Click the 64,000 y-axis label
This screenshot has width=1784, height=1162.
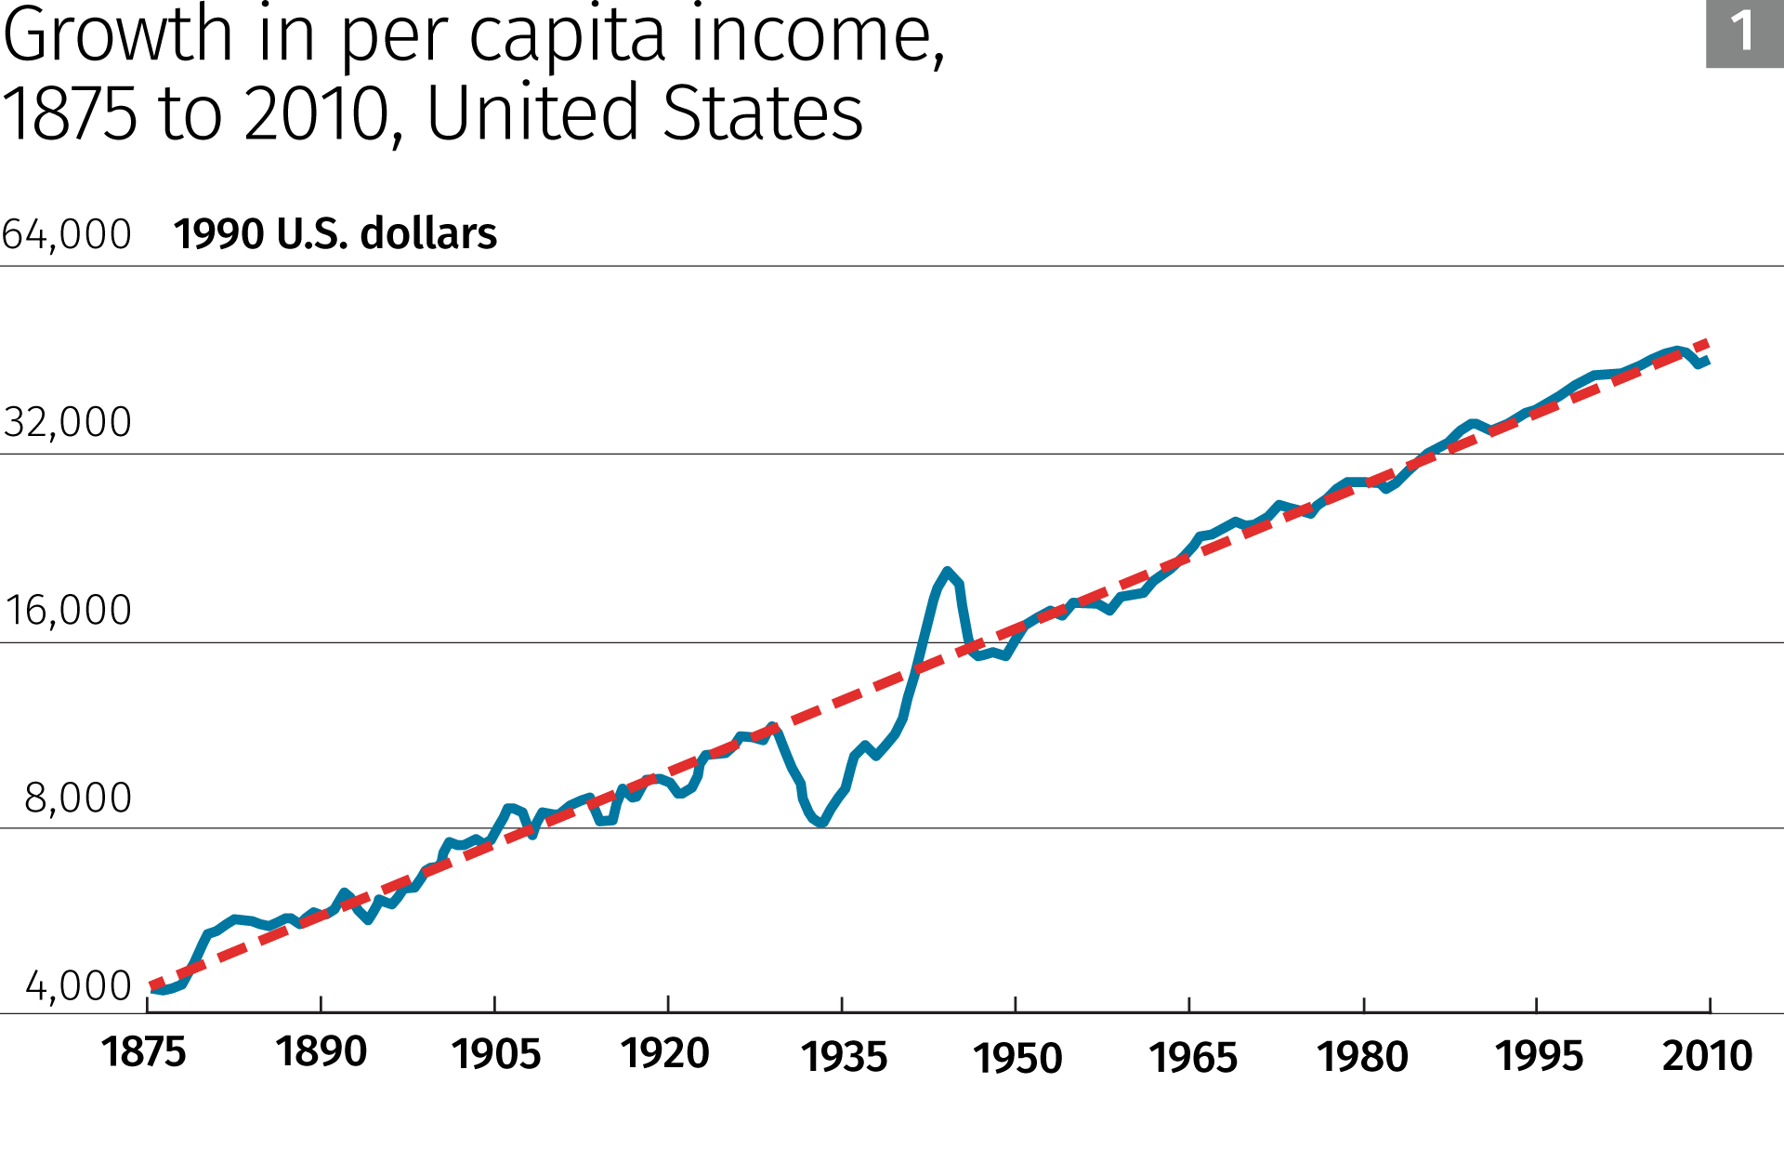[67, 234]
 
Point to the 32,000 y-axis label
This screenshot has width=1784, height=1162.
[67, 422]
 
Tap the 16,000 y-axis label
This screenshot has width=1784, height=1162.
[68, 611]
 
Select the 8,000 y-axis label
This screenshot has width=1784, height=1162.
[78, 799]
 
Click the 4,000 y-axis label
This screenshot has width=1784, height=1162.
[78, 986]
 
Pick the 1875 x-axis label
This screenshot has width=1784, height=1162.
[144, 1053]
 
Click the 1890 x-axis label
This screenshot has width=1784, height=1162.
[321, 1052]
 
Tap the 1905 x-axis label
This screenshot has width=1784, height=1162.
[496, 1054]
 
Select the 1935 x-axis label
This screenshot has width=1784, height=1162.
[845, 1057]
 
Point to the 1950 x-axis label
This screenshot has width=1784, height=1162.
[1017, 1058]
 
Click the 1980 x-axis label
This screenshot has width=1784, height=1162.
[1363, 1057]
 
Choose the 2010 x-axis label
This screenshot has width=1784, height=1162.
[1707, 1056]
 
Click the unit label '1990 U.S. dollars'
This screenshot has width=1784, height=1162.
[335, 233]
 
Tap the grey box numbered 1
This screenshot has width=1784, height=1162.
[1744, 33]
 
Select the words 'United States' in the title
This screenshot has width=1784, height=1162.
[645, 113]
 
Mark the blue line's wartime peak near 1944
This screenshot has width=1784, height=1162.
[947, 571]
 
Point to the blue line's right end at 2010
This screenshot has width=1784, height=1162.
[1708, 360]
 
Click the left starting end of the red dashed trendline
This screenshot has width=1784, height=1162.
[151, 986]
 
